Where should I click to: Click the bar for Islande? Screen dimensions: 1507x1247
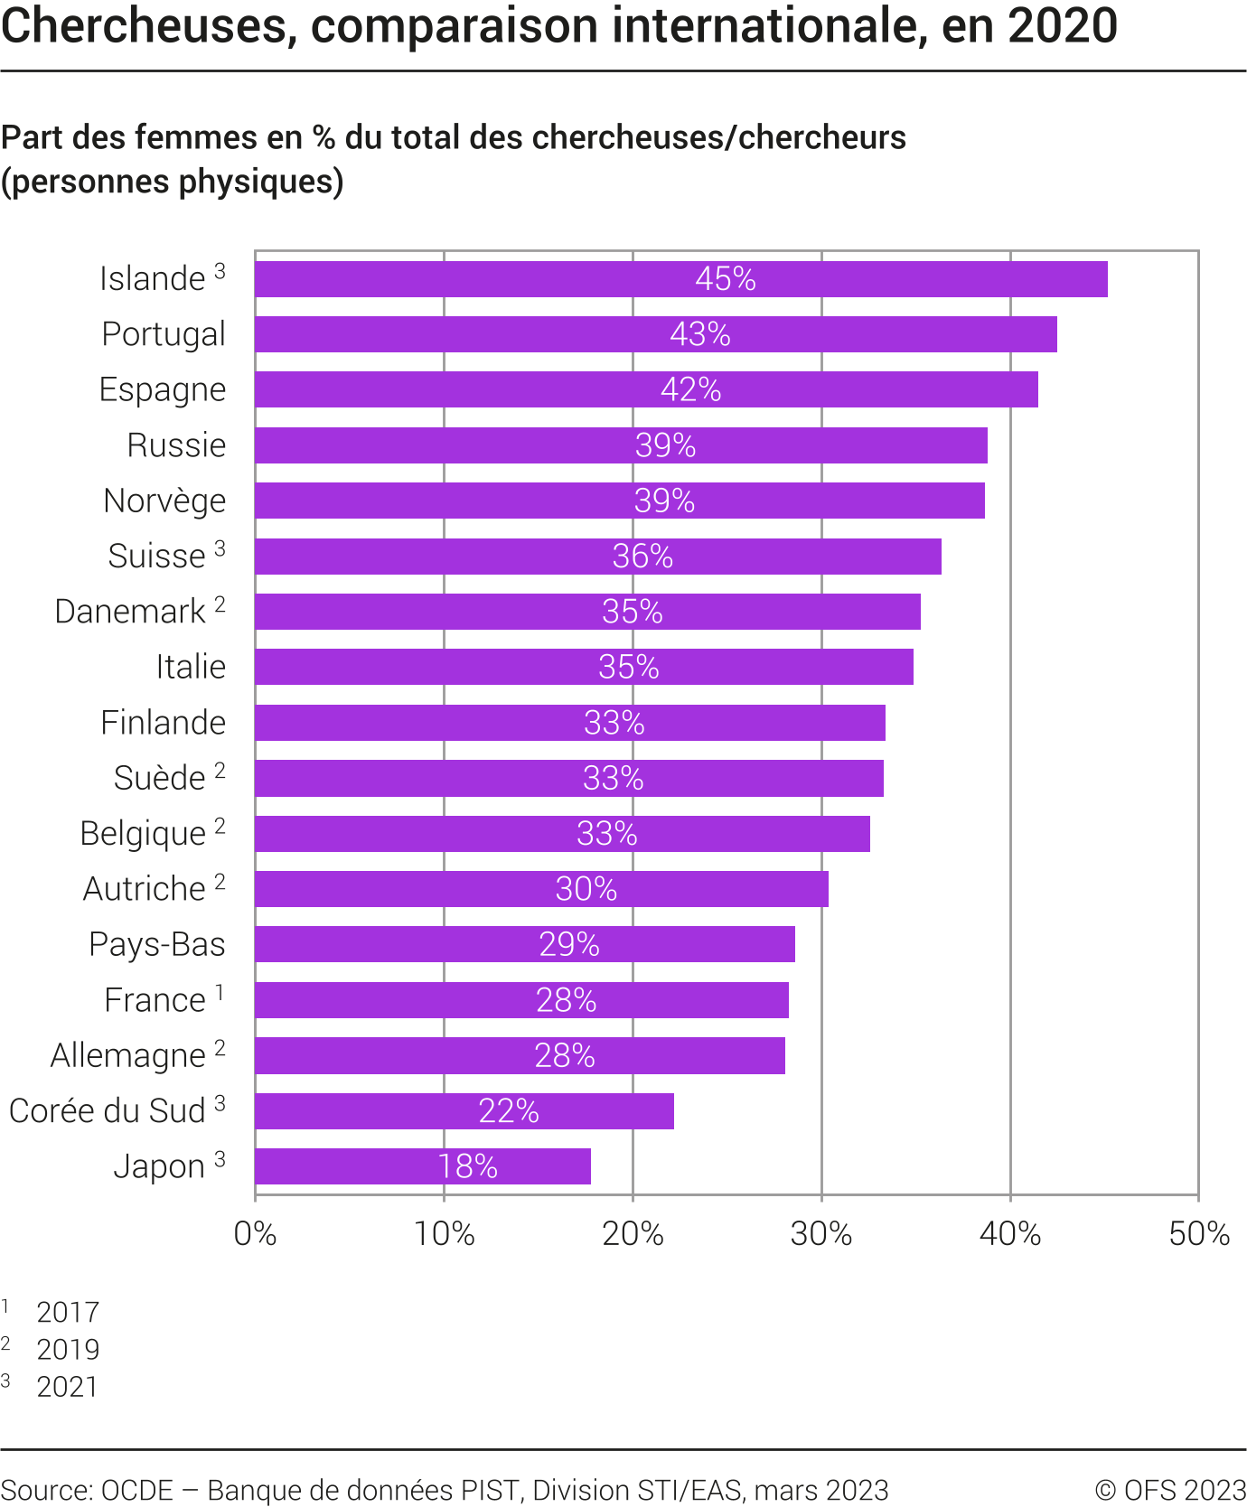tap(680, 279)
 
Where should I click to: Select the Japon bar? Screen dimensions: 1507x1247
tap(422, 1166)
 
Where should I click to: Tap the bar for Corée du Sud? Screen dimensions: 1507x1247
tap(464, 1111)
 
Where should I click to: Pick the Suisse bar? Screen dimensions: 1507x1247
tap(597, 557)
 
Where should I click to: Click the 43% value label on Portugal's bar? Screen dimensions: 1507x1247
tap(700, 334)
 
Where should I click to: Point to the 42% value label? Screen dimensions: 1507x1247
tap(691, 389)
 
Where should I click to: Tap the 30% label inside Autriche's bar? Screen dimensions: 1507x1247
tap(586, 889)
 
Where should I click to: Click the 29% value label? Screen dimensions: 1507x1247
tap(569, 944)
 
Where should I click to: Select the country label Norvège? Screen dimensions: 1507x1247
tap(164, 501)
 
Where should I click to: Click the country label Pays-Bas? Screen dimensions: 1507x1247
tap(157, 944)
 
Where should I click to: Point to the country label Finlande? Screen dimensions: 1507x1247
tap(163, 723)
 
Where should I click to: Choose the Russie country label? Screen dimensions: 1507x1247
tap(176, 445)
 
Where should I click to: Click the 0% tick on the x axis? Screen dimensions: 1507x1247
tap(255, 1233)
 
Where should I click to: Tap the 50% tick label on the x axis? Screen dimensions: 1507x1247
tap(1199, 1233)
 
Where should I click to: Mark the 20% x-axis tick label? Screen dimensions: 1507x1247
tap(633, 1233)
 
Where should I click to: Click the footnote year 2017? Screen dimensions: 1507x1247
tap(68, 1312)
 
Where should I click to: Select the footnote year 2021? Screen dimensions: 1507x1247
tap(68, 1386)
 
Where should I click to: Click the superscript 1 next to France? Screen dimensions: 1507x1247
tap(220, 994)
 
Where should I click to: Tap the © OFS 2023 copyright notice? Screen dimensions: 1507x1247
tap(1170, 1490)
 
